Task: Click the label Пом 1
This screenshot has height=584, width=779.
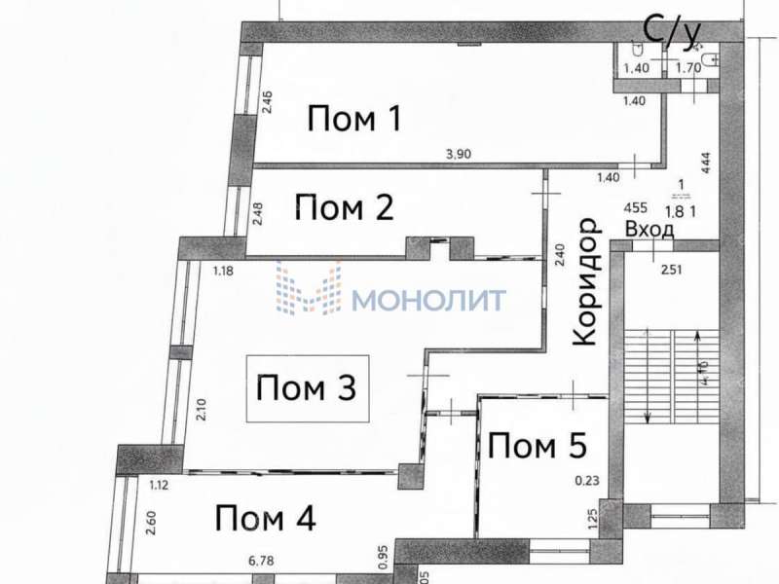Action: (x=354, y=120)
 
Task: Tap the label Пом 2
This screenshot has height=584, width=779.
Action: (x=344, y=207)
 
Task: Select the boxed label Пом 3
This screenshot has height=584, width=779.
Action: (x=305, y=388)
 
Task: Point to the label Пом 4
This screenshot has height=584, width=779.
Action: (x=266, y=518)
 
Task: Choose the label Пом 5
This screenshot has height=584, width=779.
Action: (x=537, y=447)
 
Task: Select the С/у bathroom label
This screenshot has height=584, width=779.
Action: (x=671, y=31)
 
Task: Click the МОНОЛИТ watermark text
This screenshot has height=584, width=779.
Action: (x=429, y=299)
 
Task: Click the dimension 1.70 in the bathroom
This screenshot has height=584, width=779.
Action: (x=688, y=68)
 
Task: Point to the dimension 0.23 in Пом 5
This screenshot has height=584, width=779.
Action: (x=587, y=479)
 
